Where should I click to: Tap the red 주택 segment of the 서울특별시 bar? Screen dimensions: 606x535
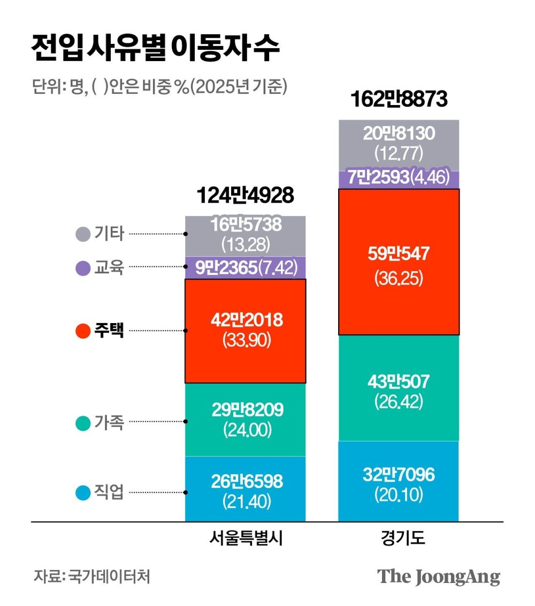click(245, 331)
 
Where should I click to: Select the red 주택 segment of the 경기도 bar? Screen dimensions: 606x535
click(399, 262)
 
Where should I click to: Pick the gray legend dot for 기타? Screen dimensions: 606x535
click(83, 234)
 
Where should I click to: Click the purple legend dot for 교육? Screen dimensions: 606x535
click(83, 267)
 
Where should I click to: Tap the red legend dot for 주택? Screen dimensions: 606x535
click(83, 331)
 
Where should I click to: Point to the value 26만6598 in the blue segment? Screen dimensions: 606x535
click(246, 481)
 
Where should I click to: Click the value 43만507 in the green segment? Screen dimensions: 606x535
click(399, 381)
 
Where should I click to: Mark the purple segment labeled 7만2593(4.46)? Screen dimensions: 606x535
click(399, 177)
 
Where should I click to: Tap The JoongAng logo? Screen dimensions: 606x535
click(439, 577)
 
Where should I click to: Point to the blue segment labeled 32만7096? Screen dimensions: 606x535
click(399, 481)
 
